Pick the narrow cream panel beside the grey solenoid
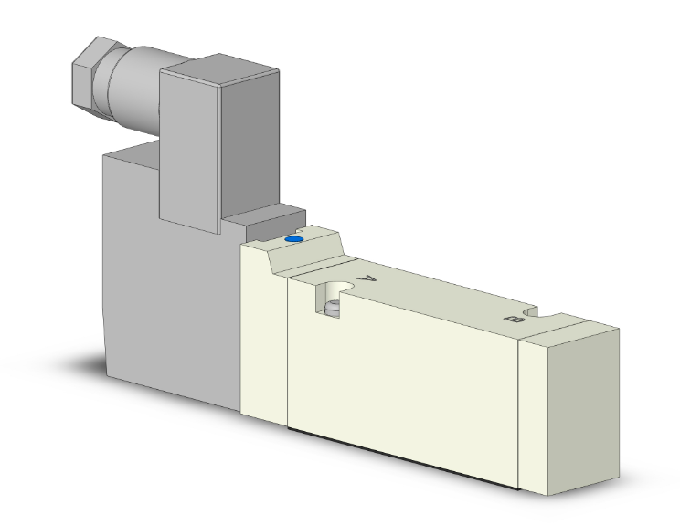point(263,338)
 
